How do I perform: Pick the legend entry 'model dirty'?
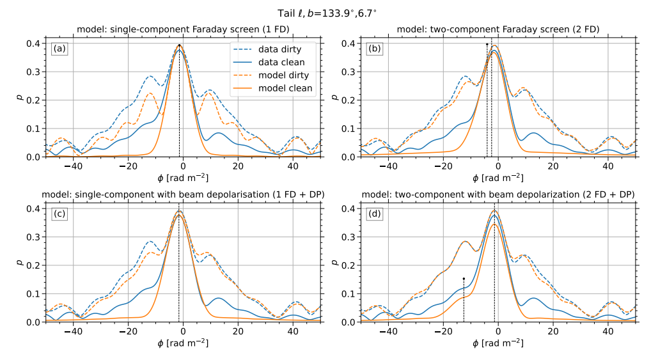pos(282,75)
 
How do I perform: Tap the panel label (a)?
pos(60,49)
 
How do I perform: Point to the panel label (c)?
pos(60,214)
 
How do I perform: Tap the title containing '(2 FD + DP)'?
pos(498,194)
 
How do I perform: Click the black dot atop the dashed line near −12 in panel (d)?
pos(464,279)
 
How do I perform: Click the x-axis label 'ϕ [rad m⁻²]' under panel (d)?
pos(498,344)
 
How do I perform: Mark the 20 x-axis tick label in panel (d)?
pos(552,333)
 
